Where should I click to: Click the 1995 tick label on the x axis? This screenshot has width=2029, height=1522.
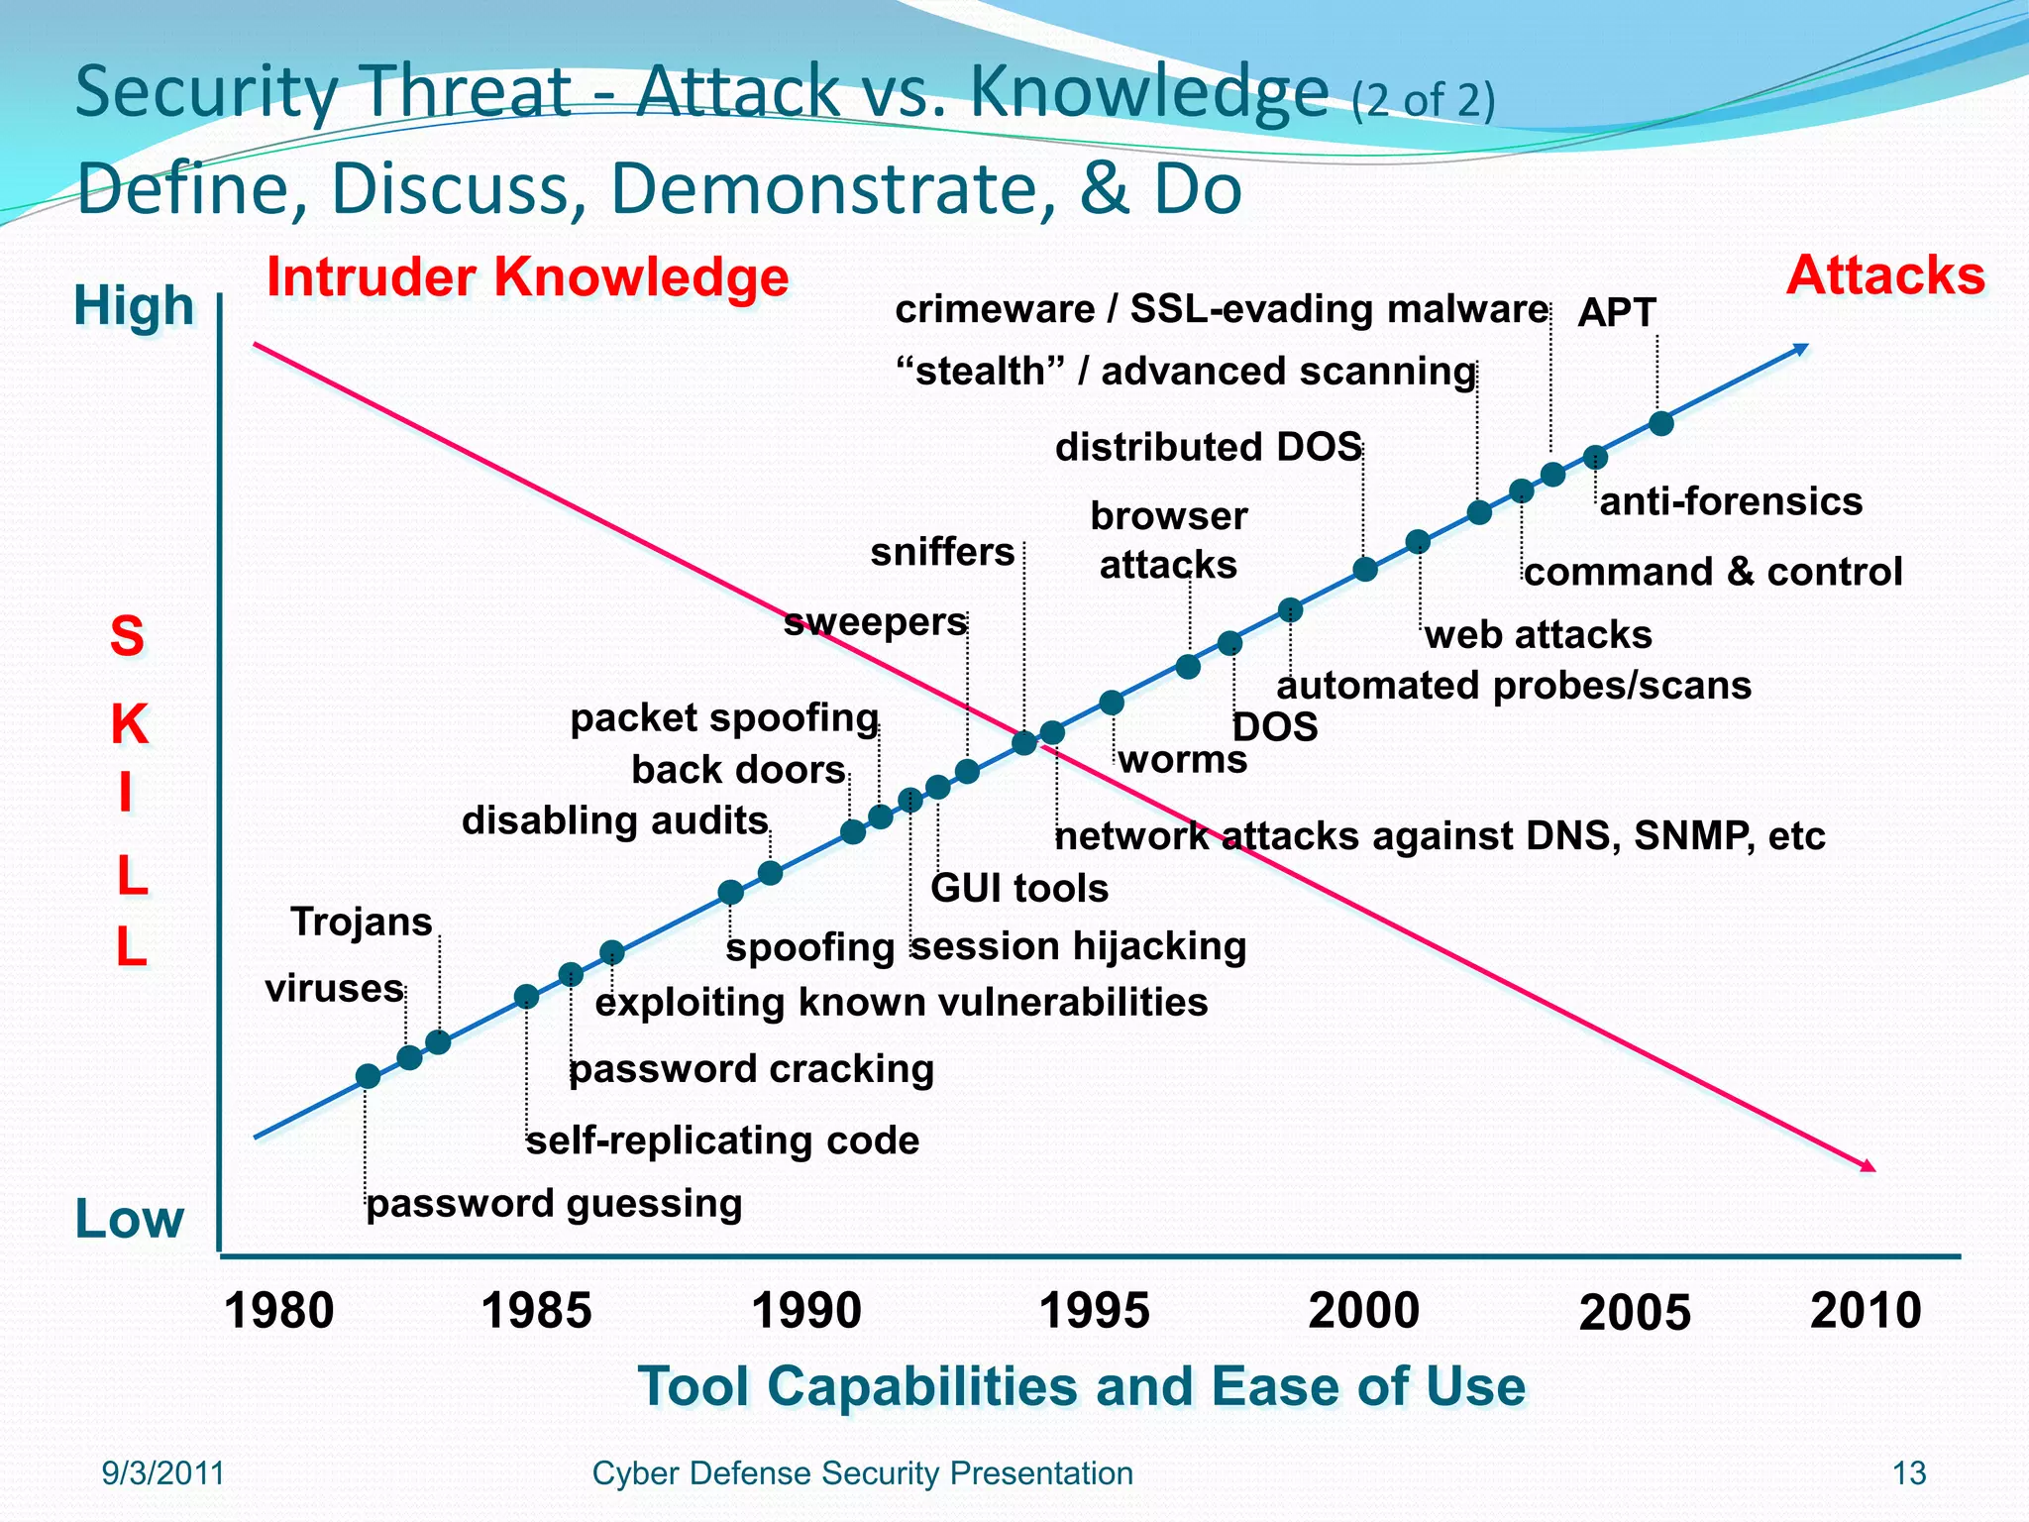pyautogui.click(x=1094, y=1311)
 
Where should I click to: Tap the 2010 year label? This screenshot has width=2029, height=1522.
pyautogui.click(x=1866, y=1311)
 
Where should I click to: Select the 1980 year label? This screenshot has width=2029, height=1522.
pyautogui.click(x=279, y=1311)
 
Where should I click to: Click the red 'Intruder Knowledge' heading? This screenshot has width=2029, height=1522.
pyautogui.click(x=527, y=276)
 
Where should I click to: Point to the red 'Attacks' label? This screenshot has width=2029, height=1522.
pyautogui.click(x=1884, y=274)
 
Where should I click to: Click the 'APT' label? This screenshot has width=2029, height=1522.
pyautogui.click(x=1616, y=313)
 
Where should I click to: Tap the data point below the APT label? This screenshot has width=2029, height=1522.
pyautogui.click(x=1661, y=423)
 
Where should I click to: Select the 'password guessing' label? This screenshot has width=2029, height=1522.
pyautogui.click(x=554, y=1204)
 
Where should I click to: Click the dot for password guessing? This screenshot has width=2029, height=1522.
pyautogui.click(x=368, y=1076)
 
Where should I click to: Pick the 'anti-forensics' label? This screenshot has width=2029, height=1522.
pyautogui.click(x=1731, y=501)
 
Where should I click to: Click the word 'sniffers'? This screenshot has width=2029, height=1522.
pyautogui.click(x=942, y=552)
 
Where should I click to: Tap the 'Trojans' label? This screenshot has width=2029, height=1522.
pyautogui.click(x=361, y=923)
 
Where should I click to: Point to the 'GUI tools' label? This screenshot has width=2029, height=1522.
pyautogui.click(x=1018, y=888)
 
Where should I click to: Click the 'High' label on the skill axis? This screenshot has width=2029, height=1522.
pyautogui.click(x=134, y=305)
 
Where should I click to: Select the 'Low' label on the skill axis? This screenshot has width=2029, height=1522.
pyautogui.click(x=130, y=1219)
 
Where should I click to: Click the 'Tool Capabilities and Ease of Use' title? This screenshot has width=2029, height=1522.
pyautogui.click(x=1081, y=1385)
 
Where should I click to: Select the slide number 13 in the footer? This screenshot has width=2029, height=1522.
pyautogui.click(x=1908, y=1473)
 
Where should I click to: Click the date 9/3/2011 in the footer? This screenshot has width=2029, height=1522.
pyautogui.click(x=163, y=1473)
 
